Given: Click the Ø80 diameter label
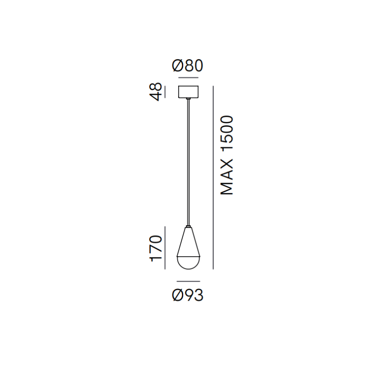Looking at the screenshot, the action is pos(187,65).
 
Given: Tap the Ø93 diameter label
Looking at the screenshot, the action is pos(187,295).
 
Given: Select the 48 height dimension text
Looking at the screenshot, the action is pos(156,92).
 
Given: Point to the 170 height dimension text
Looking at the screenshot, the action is pos(156,249).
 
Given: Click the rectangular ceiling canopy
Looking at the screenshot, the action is pos(188,92).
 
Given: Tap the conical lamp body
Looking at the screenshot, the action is pos(188,242).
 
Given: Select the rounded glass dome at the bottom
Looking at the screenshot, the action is pos(188,263).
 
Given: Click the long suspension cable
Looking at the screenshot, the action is pos(188,162).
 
